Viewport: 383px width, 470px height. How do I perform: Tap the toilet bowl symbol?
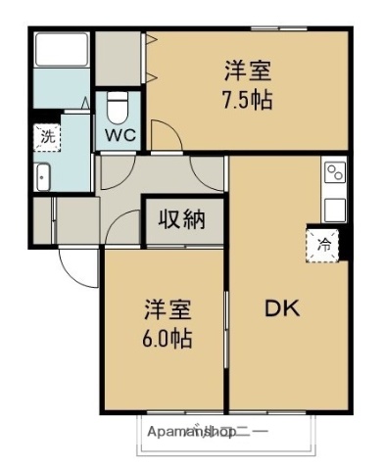pyautogui.click(x=118, y=102)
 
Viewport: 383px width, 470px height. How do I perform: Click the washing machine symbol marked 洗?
pyautogui.click(x=47, y=137)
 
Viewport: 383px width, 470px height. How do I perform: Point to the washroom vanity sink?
pyautogui.click(x=43, y=177)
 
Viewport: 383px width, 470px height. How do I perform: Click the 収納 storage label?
pyautogui.click(x=184, y=218)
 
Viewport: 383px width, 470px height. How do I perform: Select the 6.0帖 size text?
pyautogui.click(x=165, y=339)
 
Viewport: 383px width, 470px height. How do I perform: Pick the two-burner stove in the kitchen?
pyautogui.click(x=335, y=174)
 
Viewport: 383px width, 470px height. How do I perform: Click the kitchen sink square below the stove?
pyautogui.click(x=335, y=208)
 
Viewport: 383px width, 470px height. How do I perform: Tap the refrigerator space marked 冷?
pyautogui.click(x=322, y=246)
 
